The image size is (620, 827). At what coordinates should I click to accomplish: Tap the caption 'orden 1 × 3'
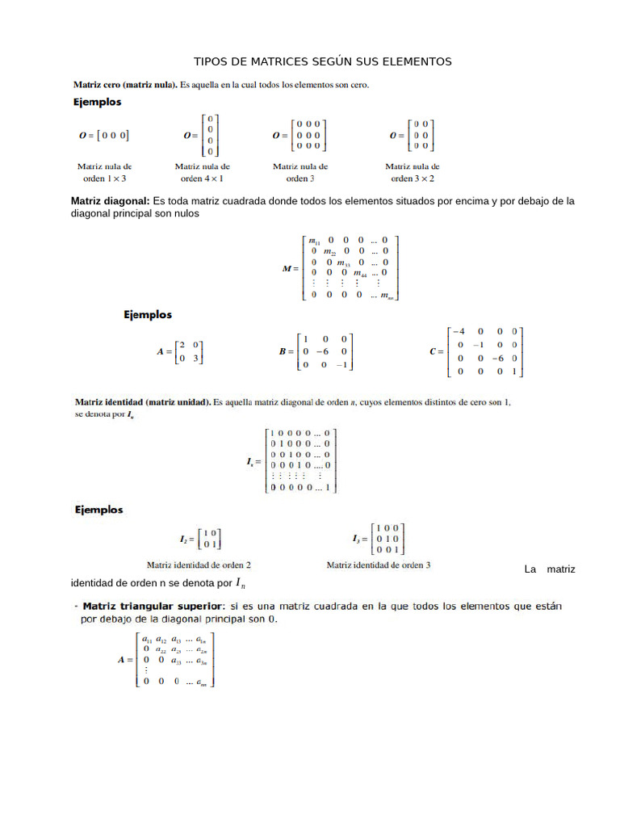click(x=104, y=178)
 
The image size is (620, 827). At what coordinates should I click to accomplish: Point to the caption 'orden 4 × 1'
click(x=201, y=178)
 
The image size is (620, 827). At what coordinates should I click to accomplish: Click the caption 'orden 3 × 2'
click(x=412, y=178)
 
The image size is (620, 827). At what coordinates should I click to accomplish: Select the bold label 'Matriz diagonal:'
click(x=111, y=201)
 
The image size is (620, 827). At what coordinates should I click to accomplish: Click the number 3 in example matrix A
click(x=195, y=358)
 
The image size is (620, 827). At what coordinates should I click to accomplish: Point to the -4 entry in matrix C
click(x=459, y=331)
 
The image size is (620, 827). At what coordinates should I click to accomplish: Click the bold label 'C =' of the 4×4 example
click(x=436, y=351)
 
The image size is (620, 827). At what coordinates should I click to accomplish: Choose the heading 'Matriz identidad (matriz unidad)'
click(x=143, y=401)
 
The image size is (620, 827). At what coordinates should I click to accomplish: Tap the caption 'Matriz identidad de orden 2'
click(x=198, y=565)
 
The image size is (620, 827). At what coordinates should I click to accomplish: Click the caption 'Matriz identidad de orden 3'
click(x=378, y=565)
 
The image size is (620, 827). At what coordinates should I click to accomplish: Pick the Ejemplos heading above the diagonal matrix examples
click(x=147, y=315)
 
